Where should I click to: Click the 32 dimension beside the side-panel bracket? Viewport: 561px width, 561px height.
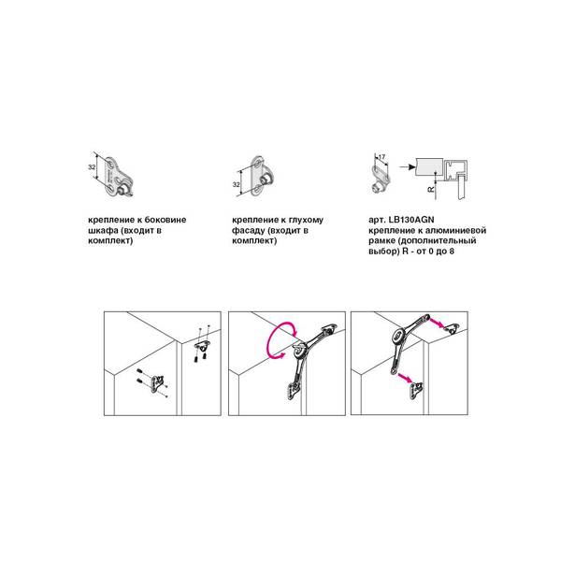tap(92, 167)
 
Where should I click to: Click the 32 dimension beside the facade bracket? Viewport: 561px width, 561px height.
tap(237, 184)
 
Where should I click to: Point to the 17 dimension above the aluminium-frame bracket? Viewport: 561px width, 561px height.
tap(381, 157)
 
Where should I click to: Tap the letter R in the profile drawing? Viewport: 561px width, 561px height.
tap(431, 188)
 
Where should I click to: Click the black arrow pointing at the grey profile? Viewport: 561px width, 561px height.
tap(407, 166)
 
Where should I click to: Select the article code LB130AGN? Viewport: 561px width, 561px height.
tap(411, 220)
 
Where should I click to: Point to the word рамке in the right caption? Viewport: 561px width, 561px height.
tap(381, 241)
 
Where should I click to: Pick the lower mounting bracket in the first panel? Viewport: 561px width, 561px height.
tap(157, 384)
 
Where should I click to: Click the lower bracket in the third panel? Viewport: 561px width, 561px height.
tap(417, 390)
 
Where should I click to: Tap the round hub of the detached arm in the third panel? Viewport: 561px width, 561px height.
tap(398, 336)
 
